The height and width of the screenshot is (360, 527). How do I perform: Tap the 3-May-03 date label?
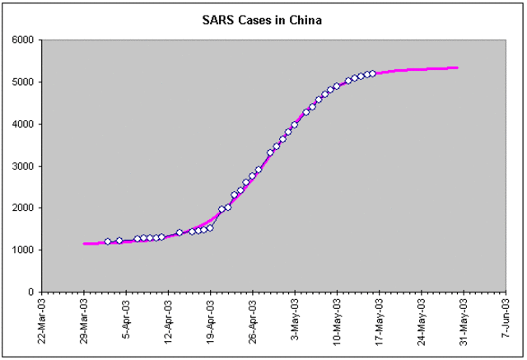coord(295,318)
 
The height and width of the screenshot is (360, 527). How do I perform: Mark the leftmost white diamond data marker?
coord(108,241)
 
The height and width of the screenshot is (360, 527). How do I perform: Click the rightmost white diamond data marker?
coord(372,73)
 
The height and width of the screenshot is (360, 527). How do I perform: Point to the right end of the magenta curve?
coord(457,68)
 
